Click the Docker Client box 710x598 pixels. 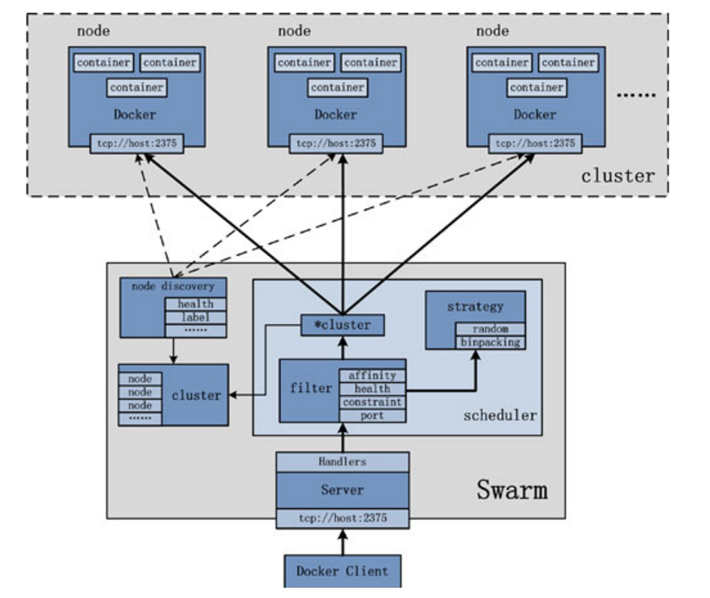coord(342,571)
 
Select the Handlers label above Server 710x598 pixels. coord(342,462)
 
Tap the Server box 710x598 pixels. coord(342,490)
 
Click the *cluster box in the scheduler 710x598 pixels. coord(342,325)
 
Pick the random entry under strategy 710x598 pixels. coord(490,329)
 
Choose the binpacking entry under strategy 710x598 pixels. coord(490,342)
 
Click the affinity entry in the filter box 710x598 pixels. coord(372,376)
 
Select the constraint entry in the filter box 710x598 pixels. coord(372,403)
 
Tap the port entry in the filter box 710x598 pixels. coord(372,415)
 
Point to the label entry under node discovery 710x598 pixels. coord(195,317)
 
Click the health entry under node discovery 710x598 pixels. coord(195,304)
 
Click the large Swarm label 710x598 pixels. coord(511,490)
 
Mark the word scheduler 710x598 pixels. coord(500,415)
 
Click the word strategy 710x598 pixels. coord(475,307)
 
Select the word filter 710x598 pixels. coord(311,388)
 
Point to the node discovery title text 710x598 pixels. coord(173,286)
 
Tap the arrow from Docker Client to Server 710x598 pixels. coord(342,542)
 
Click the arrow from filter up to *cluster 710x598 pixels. coord(342,347)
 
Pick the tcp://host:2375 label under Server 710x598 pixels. coord(342,518)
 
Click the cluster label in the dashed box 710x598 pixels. coord(617,176)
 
